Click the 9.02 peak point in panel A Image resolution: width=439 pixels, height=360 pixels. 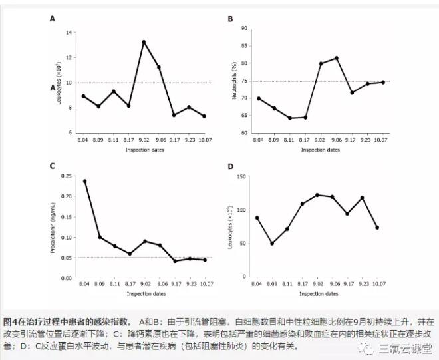pos(144,42)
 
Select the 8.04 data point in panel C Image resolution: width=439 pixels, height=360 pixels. pos(84,181)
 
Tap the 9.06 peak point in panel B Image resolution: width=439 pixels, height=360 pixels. pos(336,58)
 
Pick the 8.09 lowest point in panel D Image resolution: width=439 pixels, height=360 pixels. pos(271,244)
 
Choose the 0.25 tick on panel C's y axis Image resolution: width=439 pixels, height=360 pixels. pos(66,176)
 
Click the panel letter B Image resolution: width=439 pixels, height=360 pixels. pos(230,19)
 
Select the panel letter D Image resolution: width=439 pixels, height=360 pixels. pos(230,166)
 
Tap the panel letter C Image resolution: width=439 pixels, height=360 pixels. pos(52,166)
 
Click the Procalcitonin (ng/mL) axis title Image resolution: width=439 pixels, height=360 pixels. pos(52,226)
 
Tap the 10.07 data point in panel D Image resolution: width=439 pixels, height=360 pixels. pos(377,228)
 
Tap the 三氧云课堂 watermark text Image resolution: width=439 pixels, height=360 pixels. pos(405,348)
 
